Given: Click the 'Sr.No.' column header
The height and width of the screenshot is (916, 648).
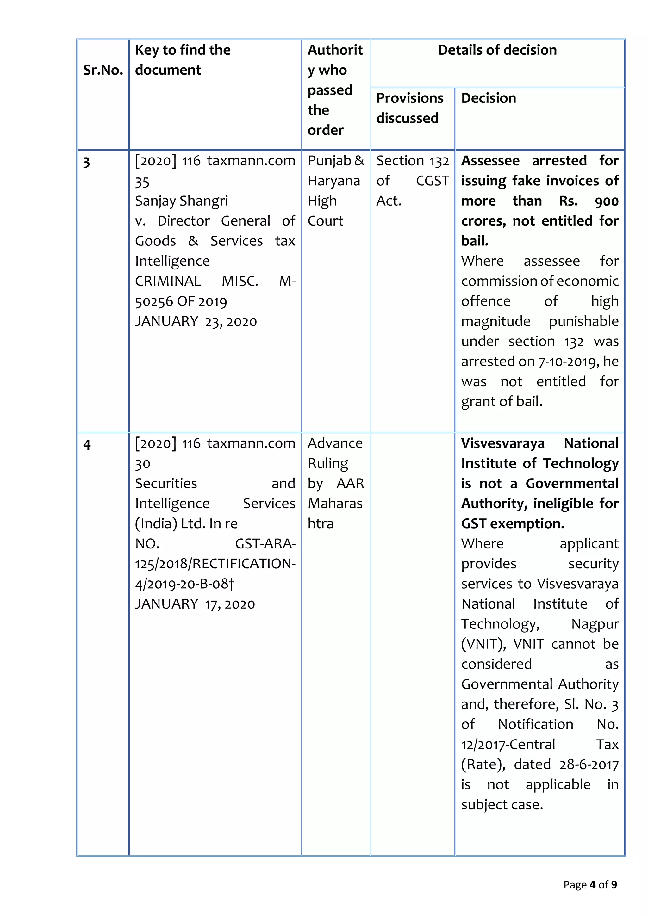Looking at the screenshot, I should (103, 70).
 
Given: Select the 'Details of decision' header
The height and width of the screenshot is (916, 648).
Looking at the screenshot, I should (497, 50).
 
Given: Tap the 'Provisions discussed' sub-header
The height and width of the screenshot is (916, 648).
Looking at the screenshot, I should (409, 108).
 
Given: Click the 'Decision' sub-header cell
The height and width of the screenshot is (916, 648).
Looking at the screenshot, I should (489, 98).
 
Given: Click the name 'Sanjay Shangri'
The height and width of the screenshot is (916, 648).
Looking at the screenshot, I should (181, 201).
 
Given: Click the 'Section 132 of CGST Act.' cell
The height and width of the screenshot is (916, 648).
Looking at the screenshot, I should (412, 181).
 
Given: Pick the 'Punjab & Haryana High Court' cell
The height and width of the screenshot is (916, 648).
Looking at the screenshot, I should (335, 191).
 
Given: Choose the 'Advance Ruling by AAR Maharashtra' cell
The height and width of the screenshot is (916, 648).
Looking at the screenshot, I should (335, 483).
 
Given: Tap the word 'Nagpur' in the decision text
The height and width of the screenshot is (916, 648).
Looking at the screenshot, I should (595, 624).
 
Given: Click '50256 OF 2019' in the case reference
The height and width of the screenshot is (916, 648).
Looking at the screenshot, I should (181, 302).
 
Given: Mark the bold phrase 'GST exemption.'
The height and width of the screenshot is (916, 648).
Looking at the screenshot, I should (512, 523).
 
